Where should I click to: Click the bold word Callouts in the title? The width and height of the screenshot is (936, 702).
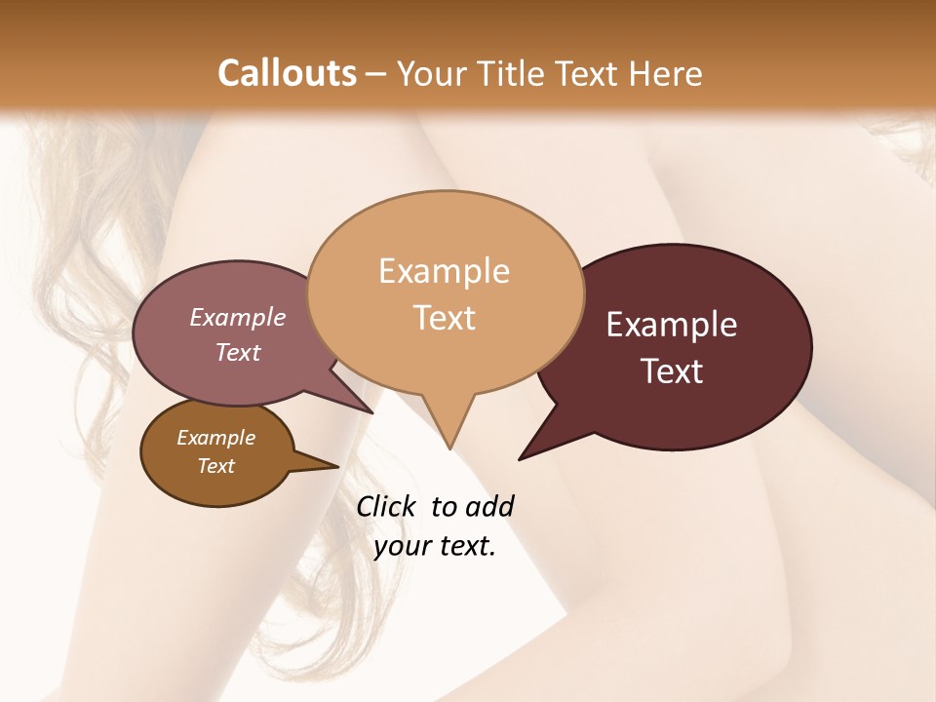pyautogui.click(x=287, y=73)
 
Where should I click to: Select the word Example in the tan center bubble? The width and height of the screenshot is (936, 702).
pyautogui.click(x=444, y=271)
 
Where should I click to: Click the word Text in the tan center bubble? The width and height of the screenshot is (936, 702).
pyautogui.click(x=444, y=318)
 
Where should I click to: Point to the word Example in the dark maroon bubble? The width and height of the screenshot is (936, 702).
pyautogui.click(x=672, y=325)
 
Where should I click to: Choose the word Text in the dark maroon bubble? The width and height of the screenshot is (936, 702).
pyautogui.click(x=672, y=371)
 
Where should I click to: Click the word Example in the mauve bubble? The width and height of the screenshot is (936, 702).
pyautogui.click(x=237, y=317)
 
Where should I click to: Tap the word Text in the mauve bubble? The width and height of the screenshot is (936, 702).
pyautogui.click(x=237, y=352)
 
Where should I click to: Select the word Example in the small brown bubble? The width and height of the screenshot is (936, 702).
pyautogui.click(x=215, y=438)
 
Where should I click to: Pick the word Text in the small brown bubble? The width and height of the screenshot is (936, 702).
pyautogui.click(x=215, y=466)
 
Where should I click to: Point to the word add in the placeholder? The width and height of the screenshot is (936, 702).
pyautogui.click(x=488, y=506)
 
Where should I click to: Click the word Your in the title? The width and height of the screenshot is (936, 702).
pyautogui.click(x=432, y=73)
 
